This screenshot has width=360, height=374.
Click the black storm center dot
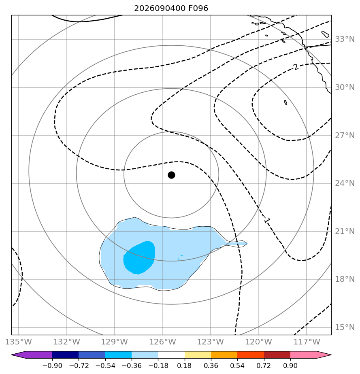[171, 175]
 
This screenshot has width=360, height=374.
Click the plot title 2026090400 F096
[171, 8]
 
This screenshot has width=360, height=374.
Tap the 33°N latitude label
[345, 39]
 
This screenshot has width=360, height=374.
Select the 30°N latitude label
[345, 87]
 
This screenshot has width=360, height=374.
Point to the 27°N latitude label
[345, 136]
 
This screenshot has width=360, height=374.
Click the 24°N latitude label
[345, 183]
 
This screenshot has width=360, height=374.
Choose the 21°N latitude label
[345, 232]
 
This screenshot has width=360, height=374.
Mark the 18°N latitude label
[345, 279]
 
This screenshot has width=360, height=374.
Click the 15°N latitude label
[345, 327]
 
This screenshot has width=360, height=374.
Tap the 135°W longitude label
[18, 342]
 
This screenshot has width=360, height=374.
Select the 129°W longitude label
[115, 342]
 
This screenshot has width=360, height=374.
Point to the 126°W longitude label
[163, 342]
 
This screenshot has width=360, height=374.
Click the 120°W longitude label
[259, 342]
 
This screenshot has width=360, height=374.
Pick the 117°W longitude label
[307, 342]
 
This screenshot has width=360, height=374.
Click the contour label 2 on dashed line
[296, 67]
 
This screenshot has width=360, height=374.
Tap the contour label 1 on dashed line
[267, 221]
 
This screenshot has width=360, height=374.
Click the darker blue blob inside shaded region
[139, 257]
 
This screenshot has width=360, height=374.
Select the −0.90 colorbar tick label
[52, 365]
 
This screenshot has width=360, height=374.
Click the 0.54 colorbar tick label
[237, 365]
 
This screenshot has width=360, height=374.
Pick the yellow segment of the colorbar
[198, 355]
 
